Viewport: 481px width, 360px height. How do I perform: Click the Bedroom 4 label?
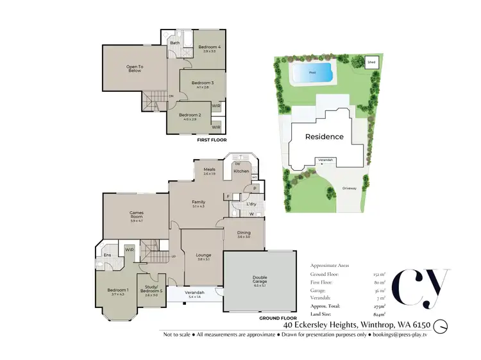209,47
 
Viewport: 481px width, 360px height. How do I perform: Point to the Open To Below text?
134,69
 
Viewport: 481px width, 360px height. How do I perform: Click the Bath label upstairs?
174,43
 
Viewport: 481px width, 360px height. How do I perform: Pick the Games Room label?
136,213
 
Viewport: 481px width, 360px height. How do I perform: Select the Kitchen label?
240,171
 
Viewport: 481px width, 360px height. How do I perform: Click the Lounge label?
203,255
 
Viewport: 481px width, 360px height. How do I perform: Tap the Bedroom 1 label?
118,290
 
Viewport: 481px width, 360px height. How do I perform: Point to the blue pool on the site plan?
312,73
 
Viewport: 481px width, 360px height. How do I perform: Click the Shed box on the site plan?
371,62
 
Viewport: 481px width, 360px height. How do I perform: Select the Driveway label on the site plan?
350,189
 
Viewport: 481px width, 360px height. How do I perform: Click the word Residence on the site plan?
324,137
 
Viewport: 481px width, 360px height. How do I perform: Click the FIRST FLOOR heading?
212,139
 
